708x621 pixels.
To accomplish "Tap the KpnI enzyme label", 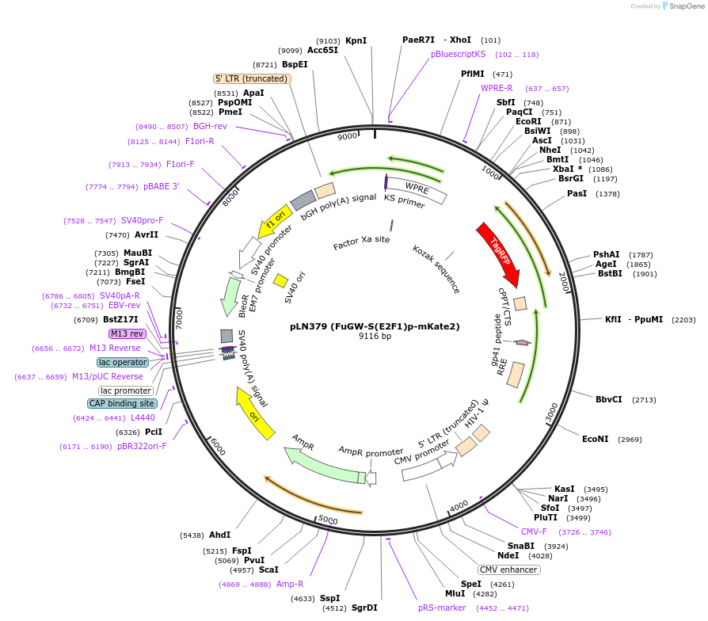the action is [x=356, y=40].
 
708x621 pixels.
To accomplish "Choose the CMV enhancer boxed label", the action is [x=508, y=570].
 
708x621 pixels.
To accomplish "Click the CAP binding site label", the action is [x=122, y=403].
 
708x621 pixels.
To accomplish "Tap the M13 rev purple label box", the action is [x=127, y=333].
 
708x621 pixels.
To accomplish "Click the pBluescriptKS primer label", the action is [x=458, y=55].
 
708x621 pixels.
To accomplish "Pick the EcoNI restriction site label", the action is [x=595, y=439].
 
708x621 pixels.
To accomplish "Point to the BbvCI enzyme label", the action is [x=608, y=399].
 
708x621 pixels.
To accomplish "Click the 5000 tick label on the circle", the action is [x=328, y=520].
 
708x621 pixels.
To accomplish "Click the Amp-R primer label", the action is [x=290, y=584].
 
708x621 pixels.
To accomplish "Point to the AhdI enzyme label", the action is [x=219, y=535].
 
